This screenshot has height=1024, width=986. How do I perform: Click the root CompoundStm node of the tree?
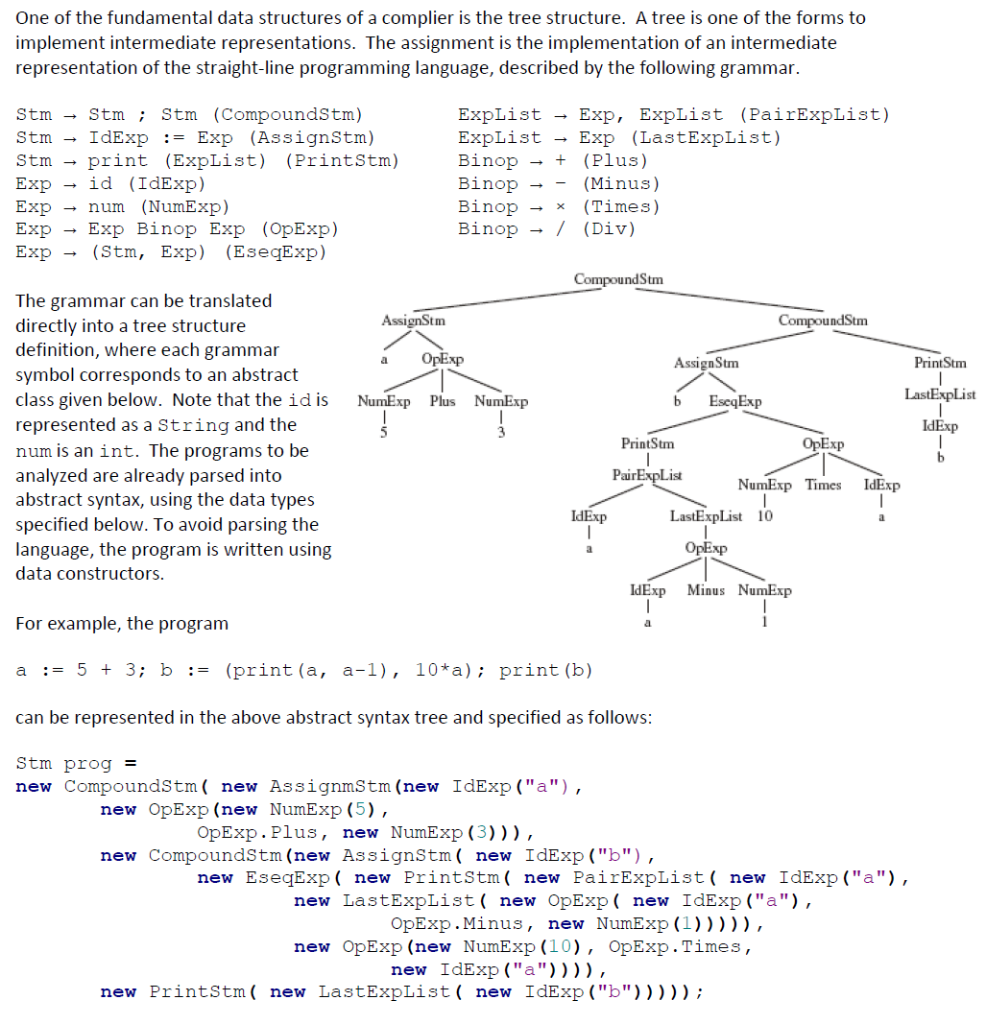point(618,278)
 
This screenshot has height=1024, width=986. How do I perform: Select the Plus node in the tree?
point(442,401)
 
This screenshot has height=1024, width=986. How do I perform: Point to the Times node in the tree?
point(825,484)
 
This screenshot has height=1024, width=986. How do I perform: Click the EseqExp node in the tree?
point(735,401)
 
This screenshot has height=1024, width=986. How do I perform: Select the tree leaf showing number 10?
point(764,516)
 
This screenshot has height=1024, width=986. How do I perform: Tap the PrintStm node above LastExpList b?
point(940,364)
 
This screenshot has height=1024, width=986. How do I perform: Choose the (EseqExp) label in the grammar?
point(279,252)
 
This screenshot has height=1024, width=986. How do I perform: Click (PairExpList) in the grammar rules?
point(814,114)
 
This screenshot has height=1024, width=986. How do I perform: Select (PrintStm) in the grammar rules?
point(342,160)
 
